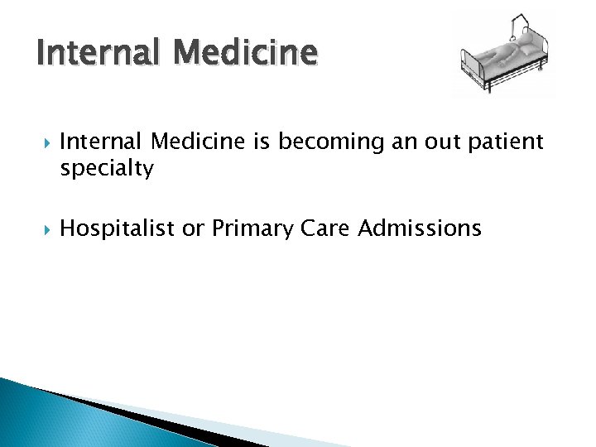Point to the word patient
point(506,143)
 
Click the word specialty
point(107,170)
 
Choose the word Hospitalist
point(118,229)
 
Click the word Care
point(325,229)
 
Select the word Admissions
point(420,229)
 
